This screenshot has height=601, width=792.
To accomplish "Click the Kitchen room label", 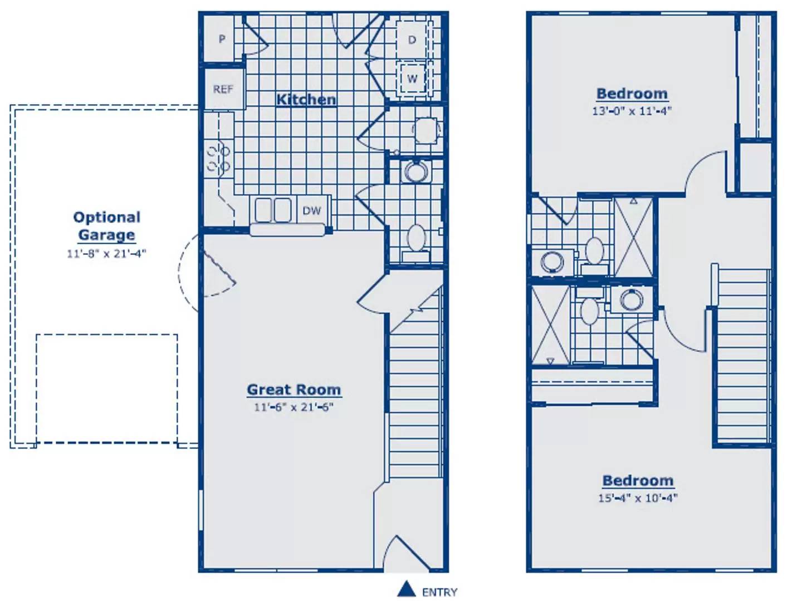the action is [306, 100].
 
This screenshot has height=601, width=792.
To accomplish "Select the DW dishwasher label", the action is [311, 210].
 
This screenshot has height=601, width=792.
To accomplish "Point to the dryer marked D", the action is [412, 40].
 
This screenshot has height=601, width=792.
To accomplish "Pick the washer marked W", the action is [412, 78].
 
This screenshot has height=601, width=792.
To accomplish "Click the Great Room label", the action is [294, 390].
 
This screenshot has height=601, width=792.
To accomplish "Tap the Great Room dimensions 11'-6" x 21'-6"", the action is [294, 407].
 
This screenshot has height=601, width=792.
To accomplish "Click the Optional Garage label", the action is [107, 226].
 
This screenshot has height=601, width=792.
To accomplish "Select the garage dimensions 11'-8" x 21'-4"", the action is [106, 253].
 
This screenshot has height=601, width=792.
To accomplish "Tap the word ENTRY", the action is [439, 592].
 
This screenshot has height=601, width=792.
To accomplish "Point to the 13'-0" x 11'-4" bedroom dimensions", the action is [632, 111].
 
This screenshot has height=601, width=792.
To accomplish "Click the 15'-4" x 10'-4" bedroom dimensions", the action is [638, 498].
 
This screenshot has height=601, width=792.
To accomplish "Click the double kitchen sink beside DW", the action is [273, 210].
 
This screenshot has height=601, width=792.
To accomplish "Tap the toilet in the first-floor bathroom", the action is [417, 242].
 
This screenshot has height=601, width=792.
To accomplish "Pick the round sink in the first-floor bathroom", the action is [415, 171].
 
